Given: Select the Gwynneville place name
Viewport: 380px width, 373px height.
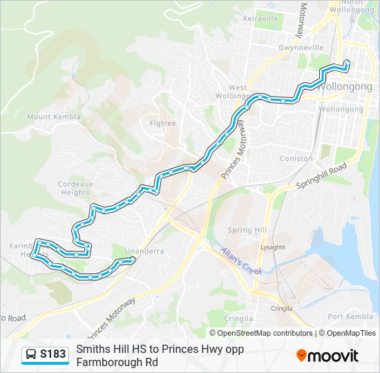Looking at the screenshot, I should coord(301,48).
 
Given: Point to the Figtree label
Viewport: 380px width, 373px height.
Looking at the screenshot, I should coord(162,124).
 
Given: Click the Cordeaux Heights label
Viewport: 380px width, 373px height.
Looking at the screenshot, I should coord(74,188).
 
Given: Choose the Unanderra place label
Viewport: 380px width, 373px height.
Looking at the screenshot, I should coord(144,251).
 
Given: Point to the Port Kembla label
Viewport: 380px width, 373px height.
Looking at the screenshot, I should coord(350,316).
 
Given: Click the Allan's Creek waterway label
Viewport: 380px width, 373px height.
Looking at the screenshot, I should coord(242,261).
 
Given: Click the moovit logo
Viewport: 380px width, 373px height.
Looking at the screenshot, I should coord(327,355).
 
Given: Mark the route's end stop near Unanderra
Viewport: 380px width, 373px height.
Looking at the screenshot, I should coord(132,260).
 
